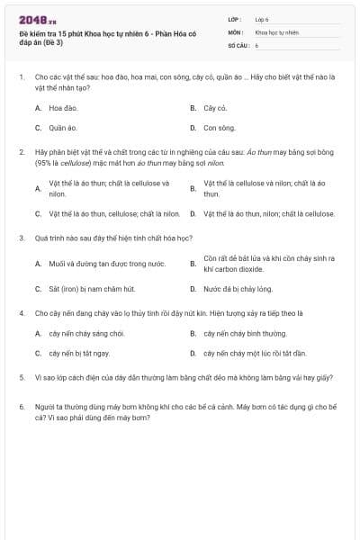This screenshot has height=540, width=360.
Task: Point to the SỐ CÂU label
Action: pyautogui.click(x=238, y=44)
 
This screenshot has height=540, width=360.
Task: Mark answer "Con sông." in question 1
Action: pyautogui.click(x=219, y=128)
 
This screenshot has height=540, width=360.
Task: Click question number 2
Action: pyautogui.click(x=21, y=153)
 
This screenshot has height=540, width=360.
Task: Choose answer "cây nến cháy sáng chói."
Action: pyautogui.click(x=86, y=333)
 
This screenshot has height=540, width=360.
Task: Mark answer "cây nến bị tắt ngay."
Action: pyautogui.click(x=79, y=354)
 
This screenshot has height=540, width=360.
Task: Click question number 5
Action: pyautogui.click(x=21, y=379)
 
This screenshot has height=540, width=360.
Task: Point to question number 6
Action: pyautogui.click(x=21, y=407)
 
